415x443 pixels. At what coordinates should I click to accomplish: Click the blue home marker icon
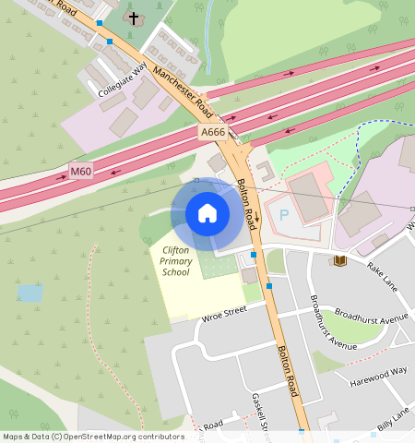pyautogui.click(x=207, y=213)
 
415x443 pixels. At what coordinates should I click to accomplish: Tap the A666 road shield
pyautogui.click(x=213, y=134)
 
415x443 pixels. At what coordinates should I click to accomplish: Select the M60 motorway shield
pyautogui.click(x=82, y=172)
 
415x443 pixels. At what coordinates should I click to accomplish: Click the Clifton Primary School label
pyautogui.click(x=175, y=261)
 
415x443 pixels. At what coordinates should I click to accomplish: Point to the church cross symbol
pyautogui.click(x=134, y=18)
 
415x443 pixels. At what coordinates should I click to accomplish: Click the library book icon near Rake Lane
pyautogui.click(x=340, y=261)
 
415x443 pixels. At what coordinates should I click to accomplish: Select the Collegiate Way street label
pyautogui.click(x=123, y=81)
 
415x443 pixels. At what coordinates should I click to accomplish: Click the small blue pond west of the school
pyautogui.click(x=30, y=293)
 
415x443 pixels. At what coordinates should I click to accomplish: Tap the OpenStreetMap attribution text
pyautogui.click(x=92, y=437)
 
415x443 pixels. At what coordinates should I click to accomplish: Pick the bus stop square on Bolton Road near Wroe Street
pyautogui.click(x=269, y=286)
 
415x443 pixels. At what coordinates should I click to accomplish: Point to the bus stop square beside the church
pyautogui.click(x=110, y=42)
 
